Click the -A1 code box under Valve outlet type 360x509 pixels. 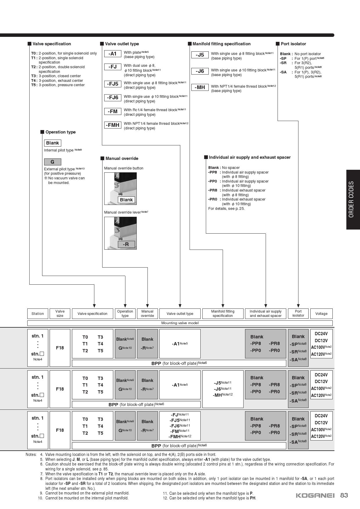click(113, 54)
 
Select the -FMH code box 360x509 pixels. click(113, 125)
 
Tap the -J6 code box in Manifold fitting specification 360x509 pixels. click(200, 71)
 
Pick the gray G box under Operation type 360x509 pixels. click(53, 162)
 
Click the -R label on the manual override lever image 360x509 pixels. click(126, 244)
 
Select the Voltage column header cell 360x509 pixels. click(321, 314)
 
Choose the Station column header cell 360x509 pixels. click(38, 314)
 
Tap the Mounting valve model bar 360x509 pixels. click(180, 323)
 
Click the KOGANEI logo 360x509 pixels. click(315, 495)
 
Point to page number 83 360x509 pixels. click(344, 495)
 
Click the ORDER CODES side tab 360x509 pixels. click(353, 199)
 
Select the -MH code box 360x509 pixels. click(200, 87)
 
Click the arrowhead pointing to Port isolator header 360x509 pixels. click(298, 306)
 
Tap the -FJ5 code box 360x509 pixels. click(113, 84)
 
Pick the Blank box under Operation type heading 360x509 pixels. click(53, 143)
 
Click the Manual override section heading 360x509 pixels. click(119, 158)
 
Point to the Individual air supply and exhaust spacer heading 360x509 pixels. click(247, 157)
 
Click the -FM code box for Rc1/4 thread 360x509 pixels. click(113, 111)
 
